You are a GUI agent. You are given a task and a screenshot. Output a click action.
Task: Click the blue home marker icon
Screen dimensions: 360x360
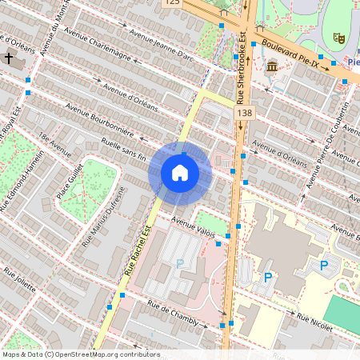click(x=180, y=173)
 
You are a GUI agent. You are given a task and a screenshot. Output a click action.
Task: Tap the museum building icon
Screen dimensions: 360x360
click(x=272, y=66)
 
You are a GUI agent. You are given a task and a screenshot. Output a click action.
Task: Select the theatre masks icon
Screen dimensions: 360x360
click(x=338, y=37)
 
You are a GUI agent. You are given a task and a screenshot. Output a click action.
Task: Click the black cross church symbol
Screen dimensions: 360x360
click(x=9, y=58)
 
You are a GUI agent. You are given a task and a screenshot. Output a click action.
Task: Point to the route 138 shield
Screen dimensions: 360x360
click(x=245, y=116)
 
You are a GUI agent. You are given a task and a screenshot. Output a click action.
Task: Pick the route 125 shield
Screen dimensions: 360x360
click(x=172, y=3)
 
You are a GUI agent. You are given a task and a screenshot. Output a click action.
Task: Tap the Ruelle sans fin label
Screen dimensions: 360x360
click(x=124, y=150)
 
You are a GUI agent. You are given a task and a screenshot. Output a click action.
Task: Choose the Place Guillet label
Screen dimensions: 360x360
click(x=71, y=183)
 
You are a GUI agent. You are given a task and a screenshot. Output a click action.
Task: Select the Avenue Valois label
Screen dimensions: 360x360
click(x=194, y=229)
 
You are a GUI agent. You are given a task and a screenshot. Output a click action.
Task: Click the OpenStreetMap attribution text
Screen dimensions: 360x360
click(x=80, y=354)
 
